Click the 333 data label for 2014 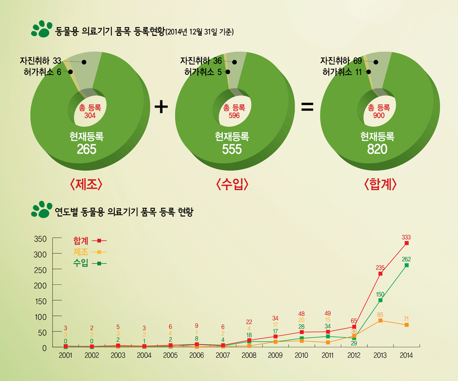click(x=406, y=237)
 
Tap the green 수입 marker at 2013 click(x=380, y=300)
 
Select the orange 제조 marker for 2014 click(x=406, y=325)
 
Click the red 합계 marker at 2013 click(x=380, y=274)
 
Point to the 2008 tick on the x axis click(x=249, y=356)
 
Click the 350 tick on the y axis click(x=41, y=238)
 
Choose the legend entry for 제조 click(x=89, y=252)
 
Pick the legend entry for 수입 click(x=89, y=264)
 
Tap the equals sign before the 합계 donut click(x=306, y=108)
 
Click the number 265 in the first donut click(x=87, y=149)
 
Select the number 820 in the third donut click(x=377, y=149)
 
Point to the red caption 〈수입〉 click(x=232, y=184)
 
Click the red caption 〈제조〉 click(x=86, y=184)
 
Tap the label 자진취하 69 click(x=341, y=61)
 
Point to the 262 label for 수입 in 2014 click(x=406, y=260)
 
